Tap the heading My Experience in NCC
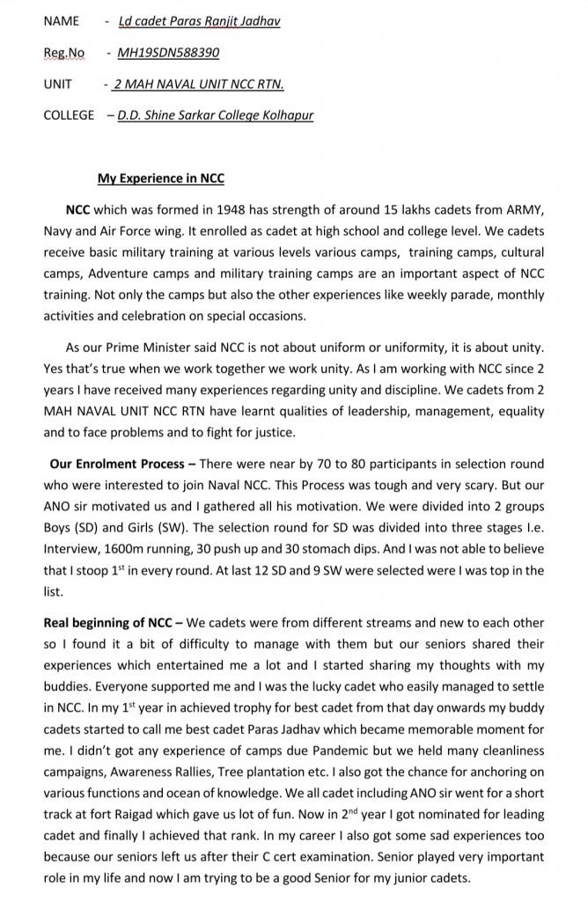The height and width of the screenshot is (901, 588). (161, 179)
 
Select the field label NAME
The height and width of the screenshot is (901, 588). (61, 20)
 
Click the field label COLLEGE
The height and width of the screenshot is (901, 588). (69, 116)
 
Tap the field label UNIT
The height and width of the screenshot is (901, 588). (57, 84)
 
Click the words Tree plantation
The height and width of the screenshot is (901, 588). (264, 772)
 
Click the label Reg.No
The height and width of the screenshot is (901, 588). (62, 53)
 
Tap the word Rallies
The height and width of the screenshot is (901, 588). (197, 772)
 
